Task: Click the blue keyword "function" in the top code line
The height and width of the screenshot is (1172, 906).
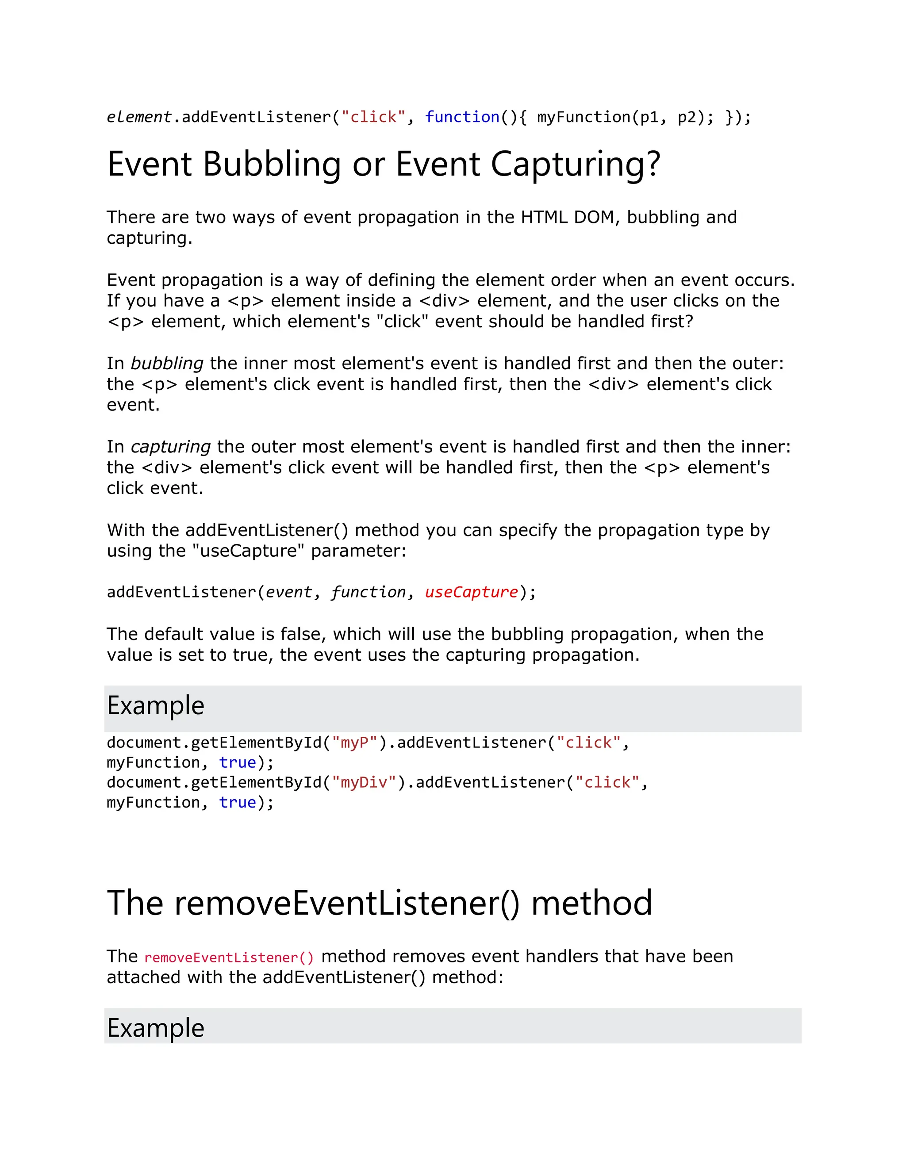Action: tap(462, 117)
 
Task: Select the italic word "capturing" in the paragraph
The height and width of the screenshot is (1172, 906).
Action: tap(171, 447)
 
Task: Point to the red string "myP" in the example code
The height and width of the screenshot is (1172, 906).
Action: tap(355, 743)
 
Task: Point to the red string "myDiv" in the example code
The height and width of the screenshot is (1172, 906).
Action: tap(365, 782)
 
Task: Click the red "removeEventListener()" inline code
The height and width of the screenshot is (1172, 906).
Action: tap(229, 958)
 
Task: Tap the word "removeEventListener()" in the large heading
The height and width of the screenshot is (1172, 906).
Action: tap(347, 903)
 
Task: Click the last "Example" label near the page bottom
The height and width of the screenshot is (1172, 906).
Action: tap(156, 1028)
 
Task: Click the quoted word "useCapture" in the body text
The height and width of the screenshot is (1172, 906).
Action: tap(249, 551)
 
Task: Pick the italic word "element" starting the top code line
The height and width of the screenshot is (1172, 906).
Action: tap(139, 117)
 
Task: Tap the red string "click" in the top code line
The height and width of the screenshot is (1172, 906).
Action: tap(373, 117)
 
